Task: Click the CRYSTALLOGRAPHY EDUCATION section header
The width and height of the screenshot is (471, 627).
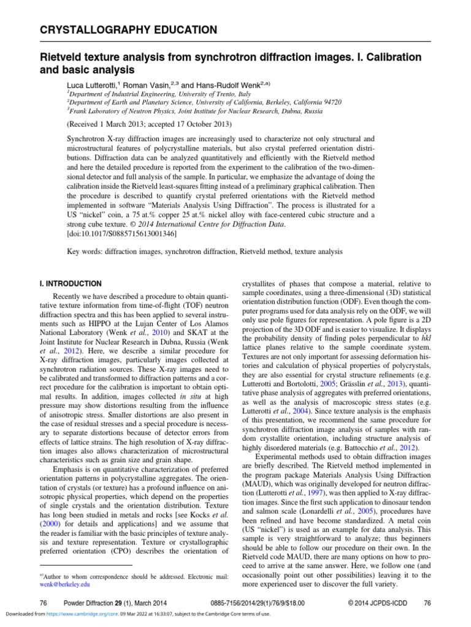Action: click(x=128, y=29)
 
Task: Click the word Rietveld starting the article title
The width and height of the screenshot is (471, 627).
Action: click(x=60, y=57)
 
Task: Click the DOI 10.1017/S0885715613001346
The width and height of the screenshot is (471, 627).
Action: click(x=123, y=233)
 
